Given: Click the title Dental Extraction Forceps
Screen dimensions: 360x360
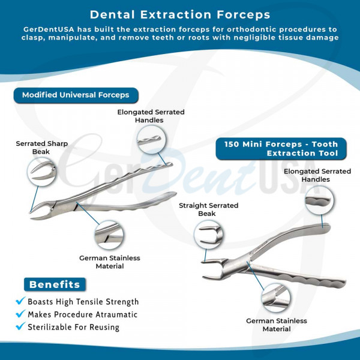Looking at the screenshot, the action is coord(180,14).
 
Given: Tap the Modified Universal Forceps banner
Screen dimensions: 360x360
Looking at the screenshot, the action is coord(76,95).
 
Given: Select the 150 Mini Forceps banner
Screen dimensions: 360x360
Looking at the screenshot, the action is coord(281,149).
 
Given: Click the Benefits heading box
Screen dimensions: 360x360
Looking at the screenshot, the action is coord(55,284).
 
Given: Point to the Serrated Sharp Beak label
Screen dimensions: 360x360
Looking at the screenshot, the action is coord(41,148).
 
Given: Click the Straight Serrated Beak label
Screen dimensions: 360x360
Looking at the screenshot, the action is coord(208,209).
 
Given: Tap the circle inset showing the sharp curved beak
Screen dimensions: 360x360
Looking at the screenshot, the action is coord(41,172).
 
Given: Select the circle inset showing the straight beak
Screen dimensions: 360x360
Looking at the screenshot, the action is coord(208,235).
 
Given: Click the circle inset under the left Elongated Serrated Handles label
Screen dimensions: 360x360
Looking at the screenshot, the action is coord(152,139).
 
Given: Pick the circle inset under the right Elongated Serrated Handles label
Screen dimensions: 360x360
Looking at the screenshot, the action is coord(319,200).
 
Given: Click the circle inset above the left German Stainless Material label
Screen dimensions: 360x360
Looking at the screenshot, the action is coord(109,235).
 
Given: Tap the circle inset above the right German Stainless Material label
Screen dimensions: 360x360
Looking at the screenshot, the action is coord(276,298).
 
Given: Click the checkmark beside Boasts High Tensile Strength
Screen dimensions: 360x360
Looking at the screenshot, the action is coord(20,301).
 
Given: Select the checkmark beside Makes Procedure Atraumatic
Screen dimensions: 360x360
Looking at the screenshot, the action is coord(20,313).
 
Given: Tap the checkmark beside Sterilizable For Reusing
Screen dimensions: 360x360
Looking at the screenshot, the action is coord(20,326).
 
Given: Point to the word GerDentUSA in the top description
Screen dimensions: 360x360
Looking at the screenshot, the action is coord(49,29).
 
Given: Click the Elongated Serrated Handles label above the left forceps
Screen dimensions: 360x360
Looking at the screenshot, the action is coord(151,116).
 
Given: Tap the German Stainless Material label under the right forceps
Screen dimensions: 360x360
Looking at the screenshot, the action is coord(277,325).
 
